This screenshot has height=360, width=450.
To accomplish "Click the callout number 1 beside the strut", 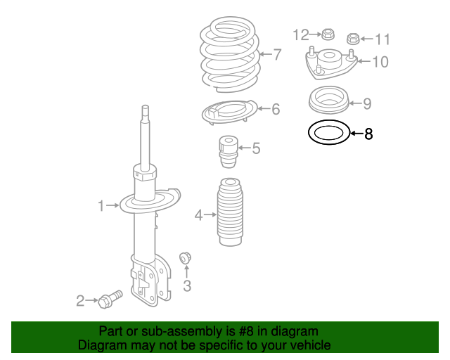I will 101,205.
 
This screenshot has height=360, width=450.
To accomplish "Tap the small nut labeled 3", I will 186,258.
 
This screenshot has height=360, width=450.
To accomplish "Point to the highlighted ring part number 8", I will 328,132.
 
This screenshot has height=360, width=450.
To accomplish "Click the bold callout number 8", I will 368,134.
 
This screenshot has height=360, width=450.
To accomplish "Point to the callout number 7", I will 277,54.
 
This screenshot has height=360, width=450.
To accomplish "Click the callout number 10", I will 380,62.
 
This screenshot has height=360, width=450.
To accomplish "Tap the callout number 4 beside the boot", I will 199,215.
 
